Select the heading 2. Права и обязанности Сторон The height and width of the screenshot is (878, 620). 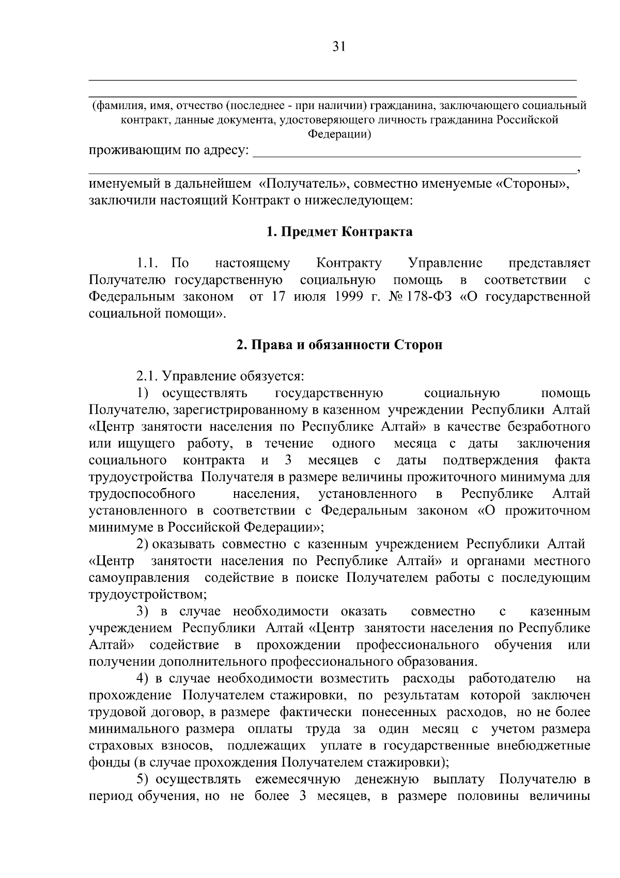339,345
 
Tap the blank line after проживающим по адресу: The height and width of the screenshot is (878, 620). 419,153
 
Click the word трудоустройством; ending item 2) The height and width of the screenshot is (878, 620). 148,595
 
